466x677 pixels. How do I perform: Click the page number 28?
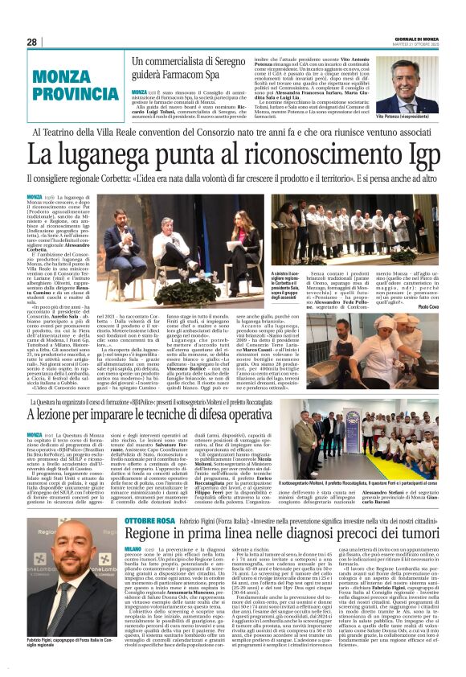pos(32,42)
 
